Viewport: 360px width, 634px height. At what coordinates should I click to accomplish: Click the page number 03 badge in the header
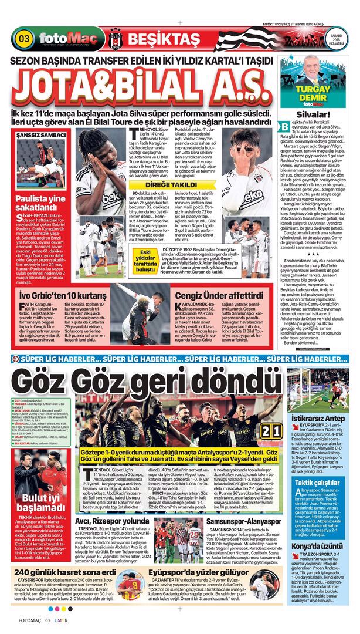click(x=25, y=39)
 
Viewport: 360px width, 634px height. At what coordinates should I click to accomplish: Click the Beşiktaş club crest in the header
click(x=114, y=39)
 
